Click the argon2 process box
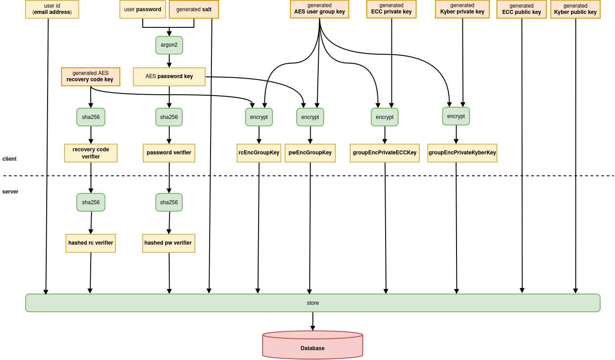(x=169, y=45)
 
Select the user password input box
(x=142, y=9)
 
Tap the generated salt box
(x=194, y=9)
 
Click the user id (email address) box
(x=52, y=9)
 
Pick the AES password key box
(x=169, y=77)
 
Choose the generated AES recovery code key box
(x=91, y=77)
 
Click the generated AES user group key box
(x=320, y=9)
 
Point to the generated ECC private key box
(x=391, y=9)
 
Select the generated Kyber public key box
(x=575, y=9)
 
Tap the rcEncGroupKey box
(x=259, y=153)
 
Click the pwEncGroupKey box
(x=310, y=153)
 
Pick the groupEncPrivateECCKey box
(x=385, y=153)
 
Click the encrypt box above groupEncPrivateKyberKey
(x=456, y=116)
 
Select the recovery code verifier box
(x=91, y=153)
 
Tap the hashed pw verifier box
(x=169, y=243)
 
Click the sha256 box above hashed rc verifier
(x=91, y=202)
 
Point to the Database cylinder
(x=313, y=345)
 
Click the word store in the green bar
(x=313, y=303)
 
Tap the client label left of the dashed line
(x=9, y=159)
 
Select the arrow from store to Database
(x=313, y=321)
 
